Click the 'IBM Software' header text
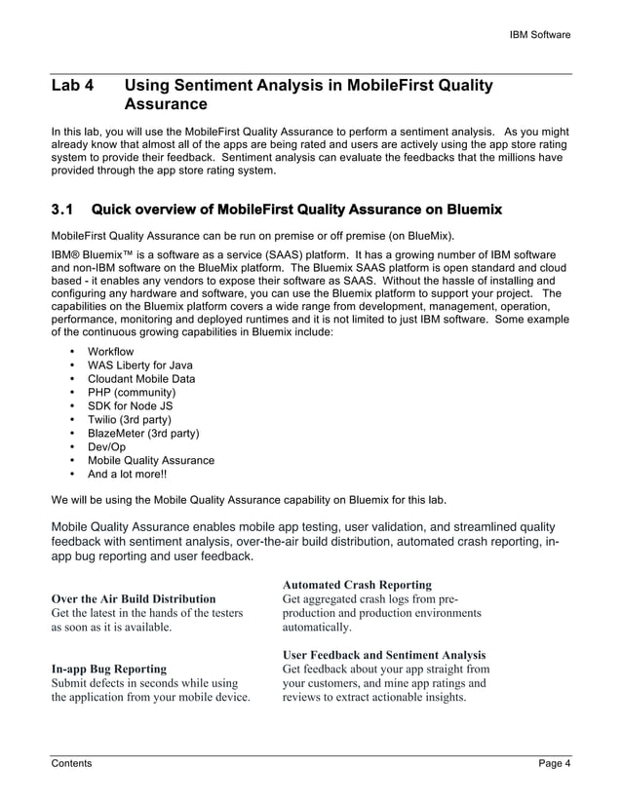540,35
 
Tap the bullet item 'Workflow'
111,351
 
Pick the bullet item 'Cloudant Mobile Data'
141,378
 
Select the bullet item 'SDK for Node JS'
129,405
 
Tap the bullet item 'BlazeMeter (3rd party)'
144,433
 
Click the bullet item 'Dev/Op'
106,446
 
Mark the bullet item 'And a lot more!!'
127,474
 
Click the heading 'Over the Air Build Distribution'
134,598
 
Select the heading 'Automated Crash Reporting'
357,585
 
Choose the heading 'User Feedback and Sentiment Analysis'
384,655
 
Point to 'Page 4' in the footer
555,763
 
